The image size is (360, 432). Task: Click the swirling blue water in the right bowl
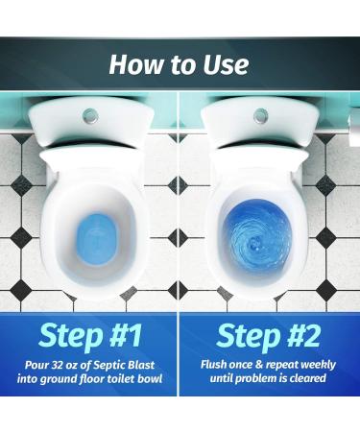tap(257, 236)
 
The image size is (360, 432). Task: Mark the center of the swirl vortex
tap(256, 243)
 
